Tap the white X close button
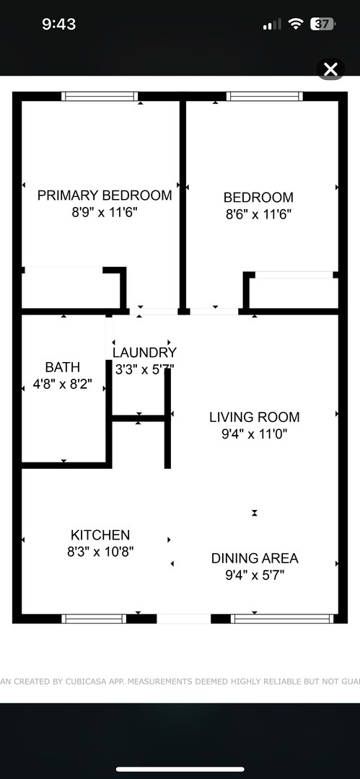coord(330,69)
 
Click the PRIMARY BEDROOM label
coord(105,195)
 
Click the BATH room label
coord(63,367)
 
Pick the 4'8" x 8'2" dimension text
coord(63,384)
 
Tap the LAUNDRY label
coord(144,353)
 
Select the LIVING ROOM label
coord(254,417)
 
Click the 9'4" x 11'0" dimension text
coord(254,434)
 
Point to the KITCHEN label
coord(100,535)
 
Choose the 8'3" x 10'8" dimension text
coord(100,552)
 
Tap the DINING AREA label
coord(254,558)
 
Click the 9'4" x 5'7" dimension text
coord(254,576)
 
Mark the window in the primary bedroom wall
coord(100,97)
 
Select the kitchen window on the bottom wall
coord(94,618)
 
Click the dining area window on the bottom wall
coord(281,618)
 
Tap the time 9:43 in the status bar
coord(58,24)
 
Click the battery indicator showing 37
coord(322,24)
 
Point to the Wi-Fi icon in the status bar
coord(295,24)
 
